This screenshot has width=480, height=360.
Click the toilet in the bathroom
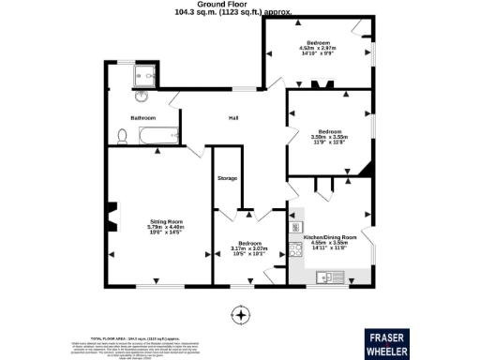click(x=122, y=136)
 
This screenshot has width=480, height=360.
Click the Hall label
click(x=235, y=118)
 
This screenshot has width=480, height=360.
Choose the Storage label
click(x=227, y=177)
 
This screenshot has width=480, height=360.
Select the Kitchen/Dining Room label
click(x=331, y=237)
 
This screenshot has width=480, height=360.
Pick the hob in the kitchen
click(x=296, y=227)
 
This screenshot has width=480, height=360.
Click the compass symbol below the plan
click(x=241, y=314)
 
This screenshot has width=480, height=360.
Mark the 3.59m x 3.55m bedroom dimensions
click(x=329, y=139)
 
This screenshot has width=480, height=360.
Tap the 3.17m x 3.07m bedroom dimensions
click(x=249, y=249)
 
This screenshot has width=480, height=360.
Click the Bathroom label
click(x=142, y=117)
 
